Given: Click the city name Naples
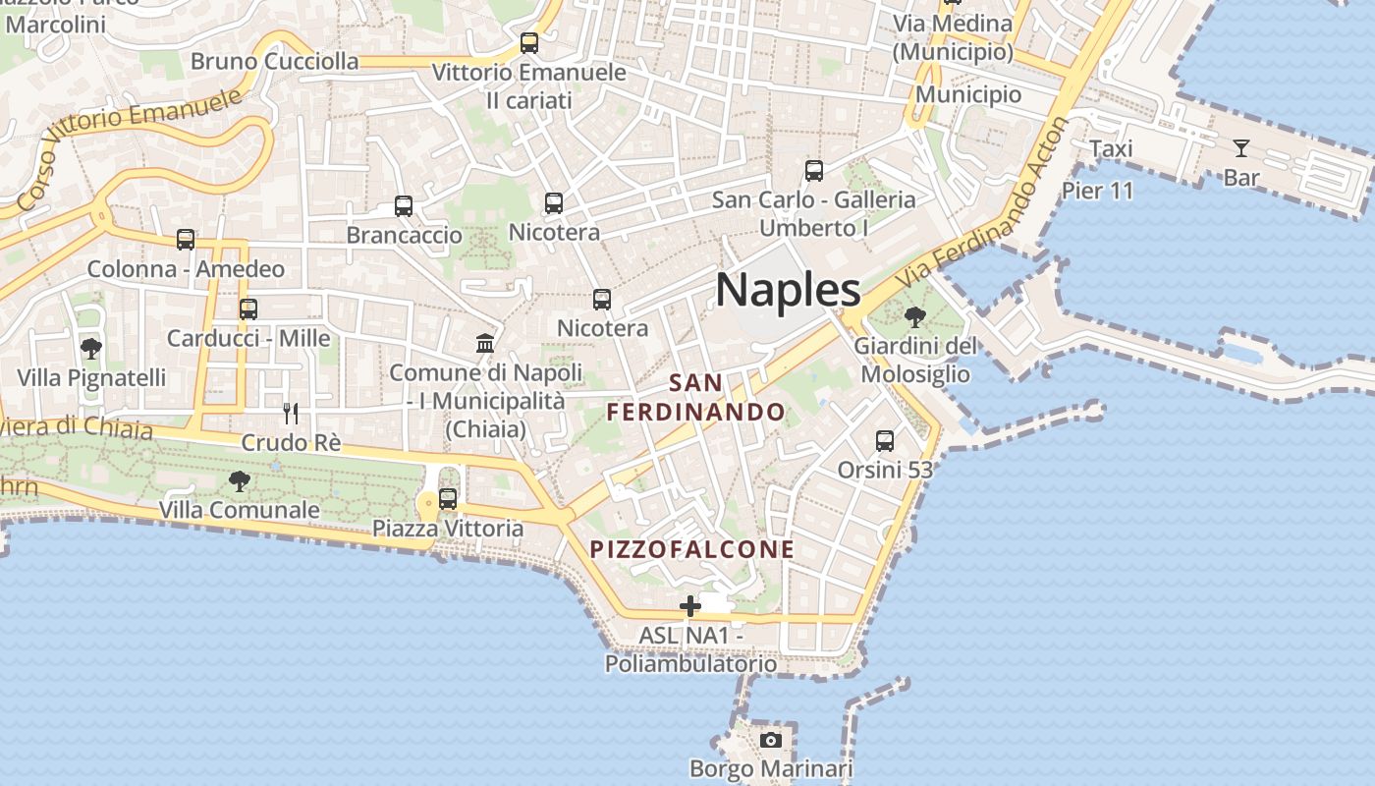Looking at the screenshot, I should click(788, 290).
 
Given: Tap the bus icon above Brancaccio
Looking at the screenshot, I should click(404, 206).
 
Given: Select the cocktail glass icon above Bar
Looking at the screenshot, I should click(1241, 148).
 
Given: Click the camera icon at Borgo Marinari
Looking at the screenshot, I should click(771, 740).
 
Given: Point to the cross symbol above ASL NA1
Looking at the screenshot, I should click(690, 606).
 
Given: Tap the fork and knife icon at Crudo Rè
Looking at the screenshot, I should click(290, 413).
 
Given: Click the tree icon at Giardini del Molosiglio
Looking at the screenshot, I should click(915, 317).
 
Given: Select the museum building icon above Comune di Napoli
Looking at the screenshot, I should click(485, 344).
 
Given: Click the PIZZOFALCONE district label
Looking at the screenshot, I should click(692, 549).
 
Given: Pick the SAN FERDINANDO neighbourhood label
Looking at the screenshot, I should click(696, 398).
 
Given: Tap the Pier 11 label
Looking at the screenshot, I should click(1097, 190).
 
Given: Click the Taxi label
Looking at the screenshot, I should click(1111, 148).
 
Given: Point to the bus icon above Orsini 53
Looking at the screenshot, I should click(885, 441).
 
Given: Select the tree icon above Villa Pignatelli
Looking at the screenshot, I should click(91, 348).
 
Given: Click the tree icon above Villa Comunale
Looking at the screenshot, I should click(239, 480).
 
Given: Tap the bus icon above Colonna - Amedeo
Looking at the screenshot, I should click(186, 240).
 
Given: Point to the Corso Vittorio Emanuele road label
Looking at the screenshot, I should click(128, 147).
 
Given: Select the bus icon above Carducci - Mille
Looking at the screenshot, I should click(248, 309).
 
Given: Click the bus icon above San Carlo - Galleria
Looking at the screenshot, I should click(814, 171).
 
